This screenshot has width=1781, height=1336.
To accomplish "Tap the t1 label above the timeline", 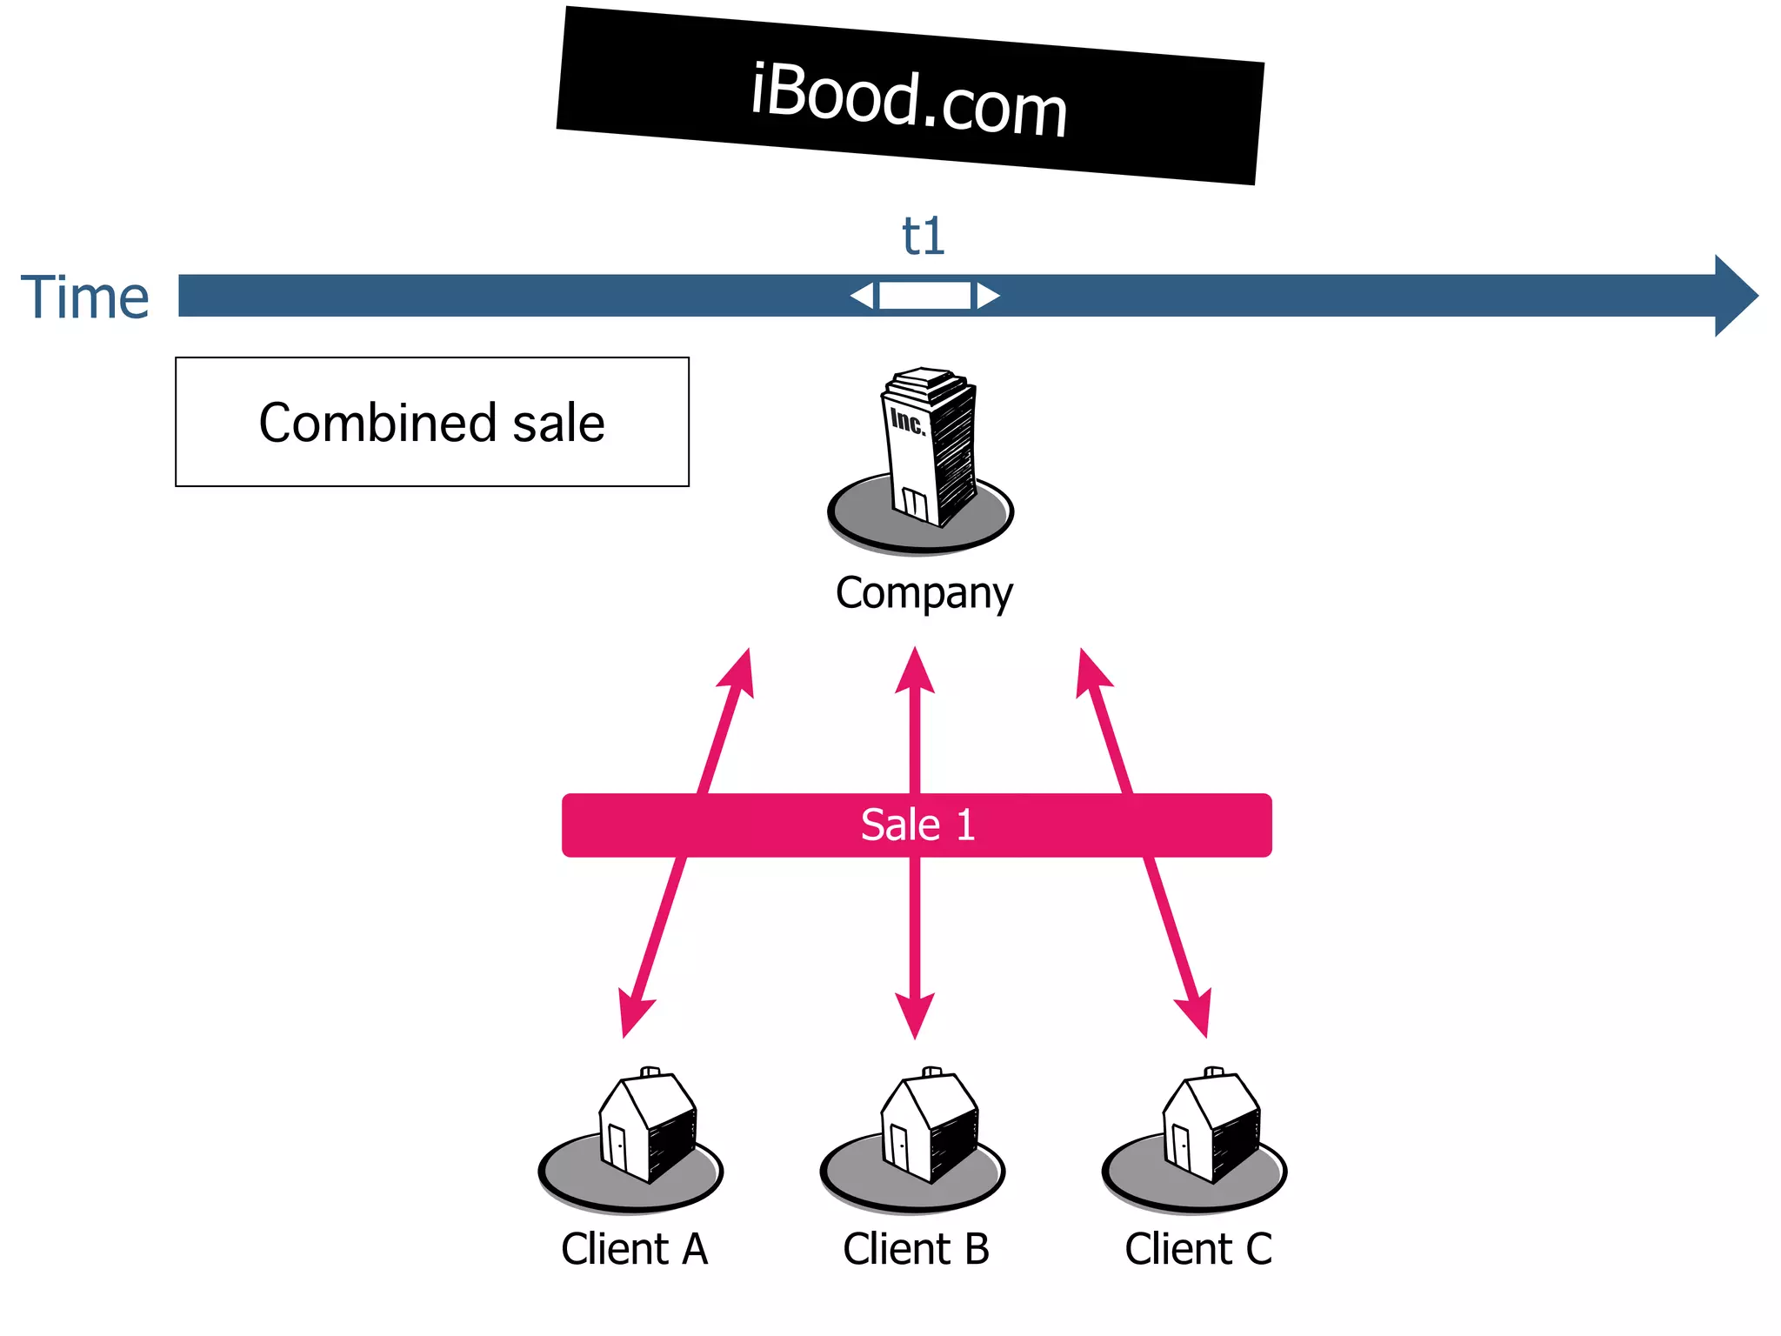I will click(923, 236).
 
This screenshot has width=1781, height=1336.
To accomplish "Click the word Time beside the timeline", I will click(85, 297).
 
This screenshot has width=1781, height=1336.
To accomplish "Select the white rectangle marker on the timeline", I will click(924, 296).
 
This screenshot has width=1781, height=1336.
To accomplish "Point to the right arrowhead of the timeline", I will click(1736, 296).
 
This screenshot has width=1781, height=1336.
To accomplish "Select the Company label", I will click(924, 593).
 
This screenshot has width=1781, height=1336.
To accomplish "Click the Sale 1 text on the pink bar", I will click(917, 825).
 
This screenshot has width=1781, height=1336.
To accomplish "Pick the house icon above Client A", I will click(647, 1126).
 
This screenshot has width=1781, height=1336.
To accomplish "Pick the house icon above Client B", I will click(929, 1126).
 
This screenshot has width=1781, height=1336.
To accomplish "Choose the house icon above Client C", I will click(1211, 1126).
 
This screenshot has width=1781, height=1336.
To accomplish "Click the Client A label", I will click(634, 1249).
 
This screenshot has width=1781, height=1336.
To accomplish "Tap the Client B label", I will click(916, 1249).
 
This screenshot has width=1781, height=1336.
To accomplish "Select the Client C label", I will click(1198, 1249).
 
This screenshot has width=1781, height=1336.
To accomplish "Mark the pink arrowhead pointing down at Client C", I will click(1197, 1013).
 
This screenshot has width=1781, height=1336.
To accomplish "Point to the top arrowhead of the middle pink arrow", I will click(915, 671).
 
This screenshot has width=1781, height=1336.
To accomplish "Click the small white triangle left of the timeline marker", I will click(864, 296).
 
